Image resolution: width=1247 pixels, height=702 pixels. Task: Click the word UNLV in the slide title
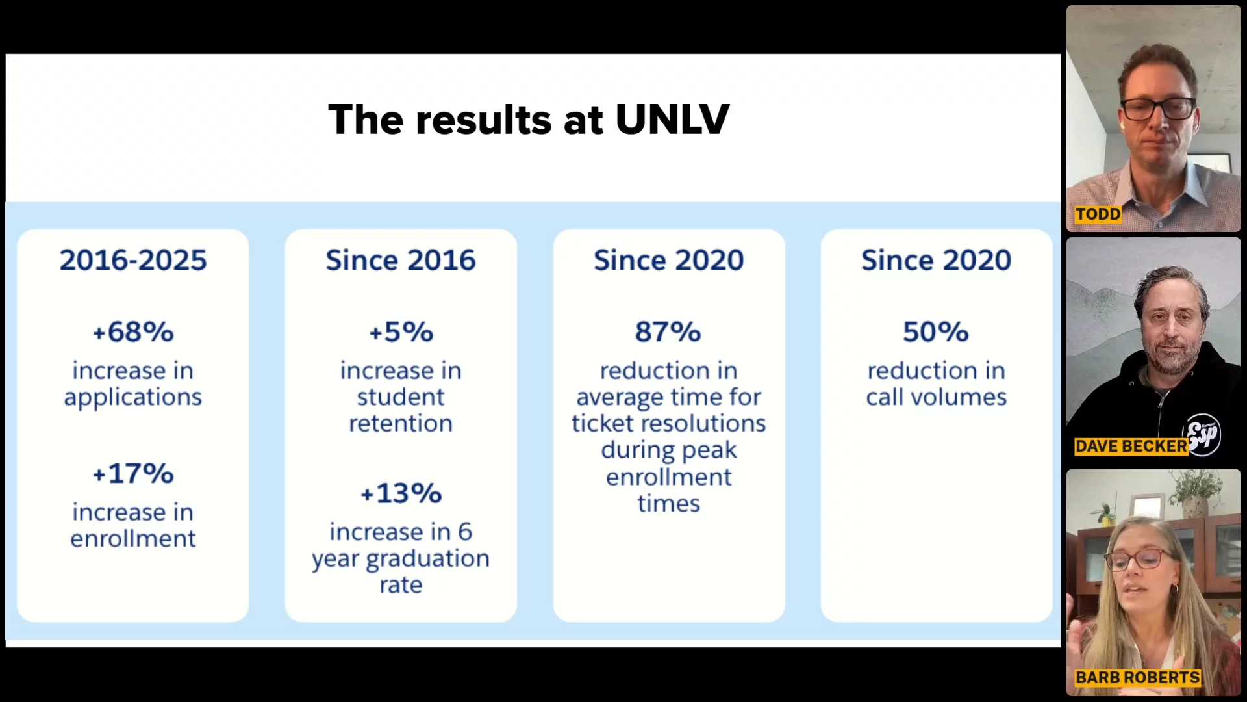click(x=672, y=120)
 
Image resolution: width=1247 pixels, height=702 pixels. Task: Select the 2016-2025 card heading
click(x=133, y=260)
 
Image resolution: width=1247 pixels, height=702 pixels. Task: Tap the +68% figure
click(x=133, y=331)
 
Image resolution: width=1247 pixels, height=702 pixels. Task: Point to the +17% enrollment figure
click(x=133, y=473)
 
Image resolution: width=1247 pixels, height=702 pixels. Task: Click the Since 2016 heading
click(x=401, y=260)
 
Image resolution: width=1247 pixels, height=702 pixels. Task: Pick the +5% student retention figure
click(x=401, y=331)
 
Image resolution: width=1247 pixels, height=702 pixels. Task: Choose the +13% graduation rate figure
click(x=401, y=493)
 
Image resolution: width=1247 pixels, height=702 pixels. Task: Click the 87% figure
click(x=668, y=331)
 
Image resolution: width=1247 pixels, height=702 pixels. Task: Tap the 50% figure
click(x=936, y=331)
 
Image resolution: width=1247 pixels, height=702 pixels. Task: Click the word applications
click(x=133, y=397)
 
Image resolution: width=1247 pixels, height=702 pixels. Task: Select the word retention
click(x=401, y=423)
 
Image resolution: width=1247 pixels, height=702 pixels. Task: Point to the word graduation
click(x=427, y=558)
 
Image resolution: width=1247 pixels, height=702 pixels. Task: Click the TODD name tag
click(x=1098, y=214)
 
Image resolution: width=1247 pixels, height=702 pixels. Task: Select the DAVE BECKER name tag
click(x=1131, y=446)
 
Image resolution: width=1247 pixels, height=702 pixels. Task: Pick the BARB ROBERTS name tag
click(x=1137, y=677)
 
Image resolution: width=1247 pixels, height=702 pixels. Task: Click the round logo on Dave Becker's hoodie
click(x=1203, y=434)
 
